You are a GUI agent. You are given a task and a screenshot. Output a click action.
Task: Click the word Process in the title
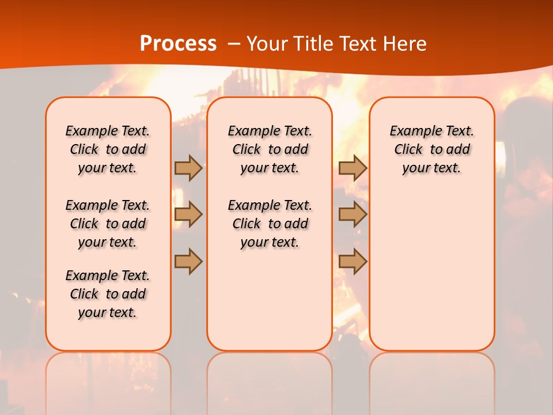tap(178, 44)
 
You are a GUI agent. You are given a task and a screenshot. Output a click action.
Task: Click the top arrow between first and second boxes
tap(188, 168)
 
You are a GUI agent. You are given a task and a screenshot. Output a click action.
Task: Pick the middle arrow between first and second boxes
tap(188, 214)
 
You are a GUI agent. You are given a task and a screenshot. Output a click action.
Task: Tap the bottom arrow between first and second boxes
tap(188, 261)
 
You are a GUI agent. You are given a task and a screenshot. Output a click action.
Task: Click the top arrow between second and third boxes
tap(353, 168)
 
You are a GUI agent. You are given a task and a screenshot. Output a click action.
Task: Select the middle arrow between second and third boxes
tap(353, 214)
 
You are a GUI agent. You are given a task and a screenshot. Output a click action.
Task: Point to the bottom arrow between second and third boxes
tap(353, 261)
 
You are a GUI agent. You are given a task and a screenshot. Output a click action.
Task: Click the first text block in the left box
tap(108, 149)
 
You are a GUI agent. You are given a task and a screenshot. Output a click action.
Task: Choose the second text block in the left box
tap(108, 224)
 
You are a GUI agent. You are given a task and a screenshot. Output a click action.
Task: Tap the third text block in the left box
tap(108, 294)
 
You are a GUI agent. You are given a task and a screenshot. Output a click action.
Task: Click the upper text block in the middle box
tap(270, 149)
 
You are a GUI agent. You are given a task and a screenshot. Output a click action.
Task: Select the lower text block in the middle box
tap(270, 224)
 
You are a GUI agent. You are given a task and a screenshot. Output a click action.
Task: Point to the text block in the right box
tap(431, 149)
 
